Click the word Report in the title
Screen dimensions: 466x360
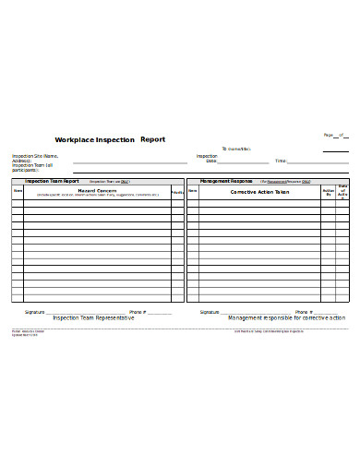[152, 139]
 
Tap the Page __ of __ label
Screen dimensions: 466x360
[333, 135]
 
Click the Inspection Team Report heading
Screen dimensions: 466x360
[52, 182]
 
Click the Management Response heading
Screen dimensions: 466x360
[226, 182]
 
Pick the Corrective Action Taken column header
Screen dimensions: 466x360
[259, 192]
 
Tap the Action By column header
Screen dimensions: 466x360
[328, 194]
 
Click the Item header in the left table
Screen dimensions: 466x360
[17, 191]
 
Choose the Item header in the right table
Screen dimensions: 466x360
[193, 191]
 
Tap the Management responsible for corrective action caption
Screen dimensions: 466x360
[286, 317]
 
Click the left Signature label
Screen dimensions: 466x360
[35, 312]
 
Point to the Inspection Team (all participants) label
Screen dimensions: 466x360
[32, 167]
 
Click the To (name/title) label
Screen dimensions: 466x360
[237, 148]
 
